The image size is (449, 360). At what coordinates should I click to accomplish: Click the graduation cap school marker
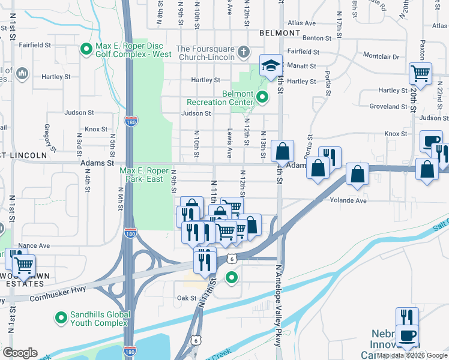[271, 64]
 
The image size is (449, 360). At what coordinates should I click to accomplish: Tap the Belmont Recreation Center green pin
[262, 96]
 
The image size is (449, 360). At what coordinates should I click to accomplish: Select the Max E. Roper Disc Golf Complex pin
[86, 48]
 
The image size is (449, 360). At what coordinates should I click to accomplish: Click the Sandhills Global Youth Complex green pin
[60, 317]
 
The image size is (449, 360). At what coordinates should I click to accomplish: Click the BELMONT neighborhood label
[280, 32]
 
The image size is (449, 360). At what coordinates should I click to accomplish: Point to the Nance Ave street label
[35, 246]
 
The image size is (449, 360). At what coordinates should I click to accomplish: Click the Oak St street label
[187, 298]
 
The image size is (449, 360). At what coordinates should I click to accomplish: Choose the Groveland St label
[389, 106]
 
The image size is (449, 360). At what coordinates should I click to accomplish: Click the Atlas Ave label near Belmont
[302, 23]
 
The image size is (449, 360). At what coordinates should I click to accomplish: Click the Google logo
[20, 353]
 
